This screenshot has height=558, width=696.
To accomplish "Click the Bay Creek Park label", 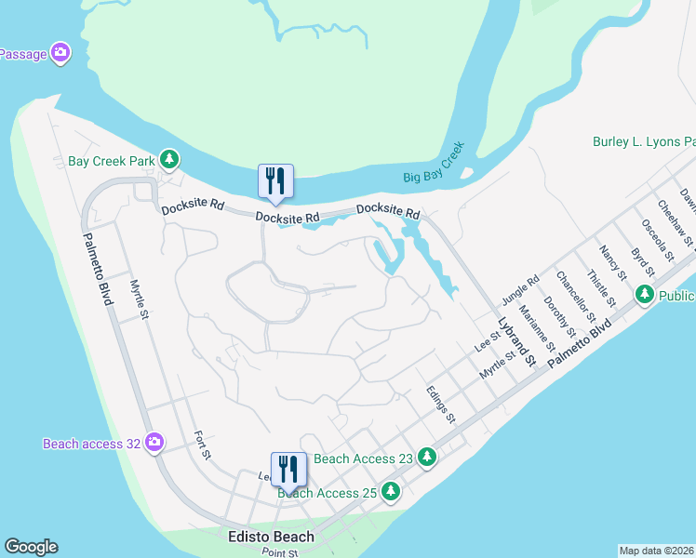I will point(111,161).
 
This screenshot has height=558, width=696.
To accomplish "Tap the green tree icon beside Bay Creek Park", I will point(170,160).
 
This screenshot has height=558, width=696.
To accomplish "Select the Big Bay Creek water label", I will point(434,163).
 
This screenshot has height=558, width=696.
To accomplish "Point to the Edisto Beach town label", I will point(271,537).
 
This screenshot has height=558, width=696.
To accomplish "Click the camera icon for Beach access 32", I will point(155,443).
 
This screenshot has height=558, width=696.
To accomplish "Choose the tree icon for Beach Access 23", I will point(427,457).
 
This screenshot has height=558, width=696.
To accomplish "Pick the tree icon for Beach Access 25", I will point(392,491).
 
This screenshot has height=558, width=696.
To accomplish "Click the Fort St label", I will point(203,445).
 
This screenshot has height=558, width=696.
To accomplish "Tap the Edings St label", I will point(441,405).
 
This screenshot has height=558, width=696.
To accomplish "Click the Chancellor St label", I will point(569,292).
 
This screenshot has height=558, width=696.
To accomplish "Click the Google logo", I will point(31,547).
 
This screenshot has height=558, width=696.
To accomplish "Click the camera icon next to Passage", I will point(61,53).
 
